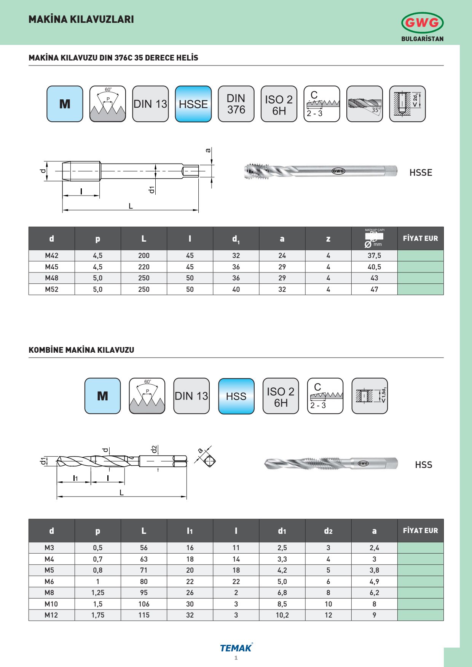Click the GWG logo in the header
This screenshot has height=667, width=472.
click(422, 23)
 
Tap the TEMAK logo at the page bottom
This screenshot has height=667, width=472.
click(236, 648)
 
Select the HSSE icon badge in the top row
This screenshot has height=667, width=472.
click(193, 104)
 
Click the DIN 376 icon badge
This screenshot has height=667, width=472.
click(236, 104)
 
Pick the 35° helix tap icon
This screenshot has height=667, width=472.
click(364, 104)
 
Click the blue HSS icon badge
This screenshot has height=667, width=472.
click(236, 396)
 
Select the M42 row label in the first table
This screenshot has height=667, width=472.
click(52, 256)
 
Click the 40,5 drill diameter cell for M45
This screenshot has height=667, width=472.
click(374, 267)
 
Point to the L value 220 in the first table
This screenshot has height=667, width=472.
click(144, 267)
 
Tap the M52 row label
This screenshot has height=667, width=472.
click(52, 290)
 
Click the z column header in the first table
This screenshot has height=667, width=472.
click(328, 239)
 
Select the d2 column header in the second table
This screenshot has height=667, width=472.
click(328, 531)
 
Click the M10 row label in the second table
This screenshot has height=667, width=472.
click(51, 604)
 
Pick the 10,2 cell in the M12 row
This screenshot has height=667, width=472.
click(282, 615)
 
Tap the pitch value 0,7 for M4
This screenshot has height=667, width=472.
click(98, 559)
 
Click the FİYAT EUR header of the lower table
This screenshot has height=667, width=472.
click(420, 531)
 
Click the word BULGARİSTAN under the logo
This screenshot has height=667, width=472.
click(422, 39)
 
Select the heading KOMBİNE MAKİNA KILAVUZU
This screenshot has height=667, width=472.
click(81, 350)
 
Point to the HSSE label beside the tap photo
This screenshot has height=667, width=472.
click(421, 173)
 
